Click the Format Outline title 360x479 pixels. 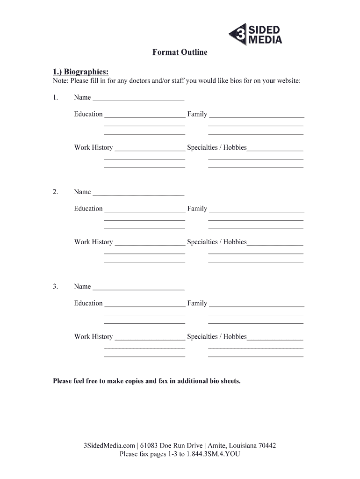click(180, 52)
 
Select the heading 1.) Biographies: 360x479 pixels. click(81, 72)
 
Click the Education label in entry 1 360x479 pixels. click(88, 114)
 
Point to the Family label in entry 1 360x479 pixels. click(197, 114)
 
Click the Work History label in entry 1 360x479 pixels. click(93, 148)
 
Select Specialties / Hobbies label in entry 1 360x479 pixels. click(216, 148)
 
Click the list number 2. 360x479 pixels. click(56, 192)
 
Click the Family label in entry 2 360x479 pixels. click(197, 209)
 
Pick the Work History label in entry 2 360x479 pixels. click(93, 242)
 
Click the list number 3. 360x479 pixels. click(56, 286)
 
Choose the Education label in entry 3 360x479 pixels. click(88, 303)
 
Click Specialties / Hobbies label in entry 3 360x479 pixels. click(216, 337)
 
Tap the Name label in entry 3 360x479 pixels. click(82, 286)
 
